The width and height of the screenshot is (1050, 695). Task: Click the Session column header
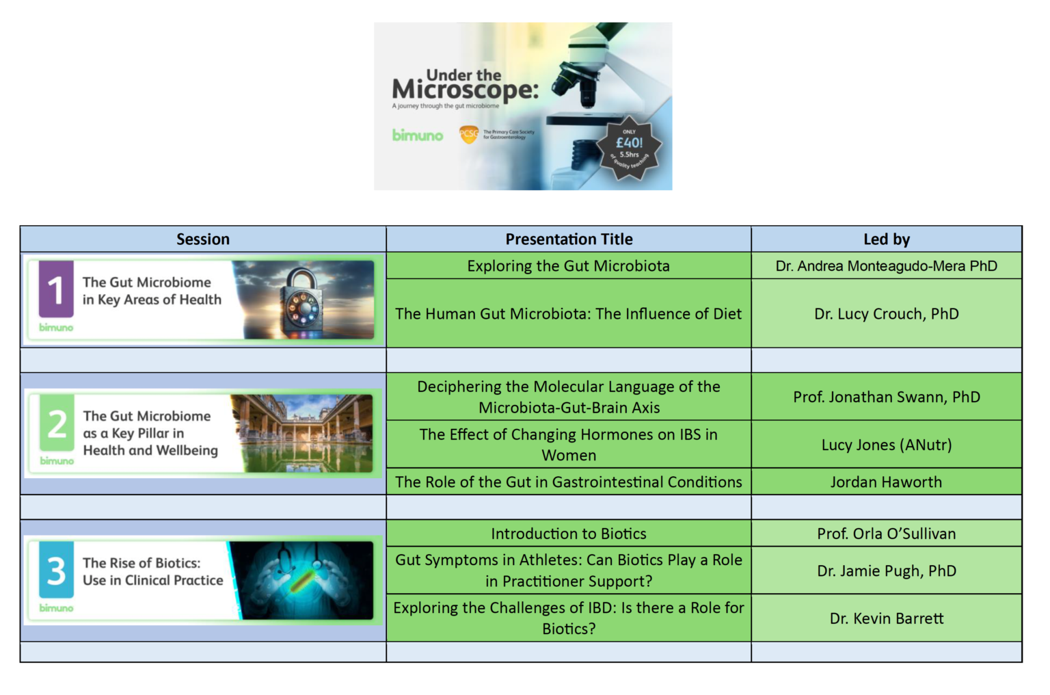click(x=203, y=239)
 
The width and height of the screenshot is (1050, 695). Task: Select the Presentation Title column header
click(x=569, y=239)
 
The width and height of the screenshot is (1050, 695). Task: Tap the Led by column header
click(x=887, y=239)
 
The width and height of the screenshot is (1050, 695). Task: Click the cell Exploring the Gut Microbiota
click(x=569, y=266)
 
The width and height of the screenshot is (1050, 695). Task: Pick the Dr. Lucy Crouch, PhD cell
click(x=887, y=314)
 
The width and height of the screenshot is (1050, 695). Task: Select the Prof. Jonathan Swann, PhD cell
click(x=887, y=397)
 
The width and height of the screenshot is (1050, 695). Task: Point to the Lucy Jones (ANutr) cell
click(x=887, y=445)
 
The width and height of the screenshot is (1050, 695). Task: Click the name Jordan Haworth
click(x=887, y=482)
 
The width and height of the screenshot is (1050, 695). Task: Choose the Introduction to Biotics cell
click(x=569, y=534)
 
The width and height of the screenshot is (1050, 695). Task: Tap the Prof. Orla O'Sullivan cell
click(x=887, y=534)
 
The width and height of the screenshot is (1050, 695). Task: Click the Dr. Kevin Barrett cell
click(x=887, y=618)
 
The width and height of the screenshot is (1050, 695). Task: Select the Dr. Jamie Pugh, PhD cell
click(x=887, y=571)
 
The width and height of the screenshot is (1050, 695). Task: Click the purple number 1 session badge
click(x=56, y=289)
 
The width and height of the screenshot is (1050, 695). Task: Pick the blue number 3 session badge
click(x=57, y=571)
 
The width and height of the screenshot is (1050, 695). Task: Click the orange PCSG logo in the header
click(x=469, y=135)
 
